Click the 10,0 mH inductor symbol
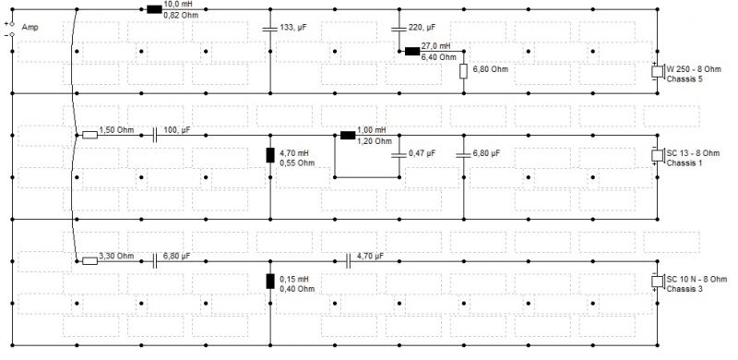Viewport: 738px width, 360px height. [x=154, y=9]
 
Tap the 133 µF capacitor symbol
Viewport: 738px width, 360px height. [x=270, y=29]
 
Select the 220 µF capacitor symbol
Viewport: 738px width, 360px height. [x=399, y=29]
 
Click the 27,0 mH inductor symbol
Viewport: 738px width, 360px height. [x=412, y=51]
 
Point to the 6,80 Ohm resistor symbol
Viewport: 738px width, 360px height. [x=463, y=71]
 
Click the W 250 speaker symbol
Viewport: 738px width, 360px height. [x=657, y=72]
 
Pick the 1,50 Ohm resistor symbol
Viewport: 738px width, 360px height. [x=89, y=136]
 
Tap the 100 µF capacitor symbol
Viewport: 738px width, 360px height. [x=155, y=136]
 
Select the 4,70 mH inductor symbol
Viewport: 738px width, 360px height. [x=270, y=155]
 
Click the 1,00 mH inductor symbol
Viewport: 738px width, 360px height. [x=348, y=136]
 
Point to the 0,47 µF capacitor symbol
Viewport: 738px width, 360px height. [x=399, y=155]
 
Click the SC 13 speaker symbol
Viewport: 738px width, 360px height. [x=657, y=155]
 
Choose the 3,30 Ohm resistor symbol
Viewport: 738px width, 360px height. [x=89, y=261]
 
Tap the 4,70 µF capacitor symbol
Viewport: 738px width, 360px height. [x=349, y=261]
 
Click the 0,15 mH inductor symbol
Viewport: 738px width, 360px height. [x=270, y=281]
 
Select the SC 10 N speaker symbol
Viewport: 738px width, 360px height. [x=657, y=282]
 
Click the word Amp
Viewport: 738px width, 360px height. [x=30, y=28]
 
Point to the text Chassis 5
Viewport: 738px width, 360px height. [x=684, y=78]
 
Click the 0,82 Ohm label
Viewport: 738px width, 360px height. [x=181, y=15]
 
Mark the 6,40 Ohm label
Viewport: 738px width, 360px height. [x=439, y=57]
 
